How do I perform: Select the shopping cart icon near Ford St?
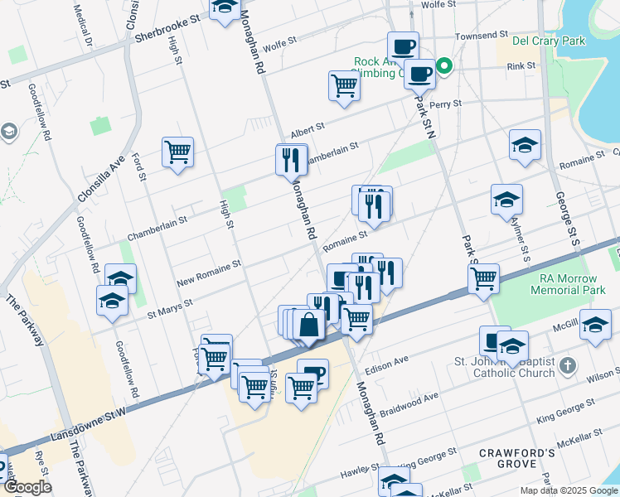click(177, 152)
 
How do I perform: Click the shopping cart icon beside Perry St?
click(344, 85)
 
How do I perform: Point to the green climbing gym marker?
click(443, 66)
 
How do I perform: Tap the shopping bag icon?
click(308, 325)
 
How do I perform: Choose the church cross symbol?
click(567, 365)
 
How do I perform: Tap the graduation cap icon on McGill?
click(595, 326)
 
